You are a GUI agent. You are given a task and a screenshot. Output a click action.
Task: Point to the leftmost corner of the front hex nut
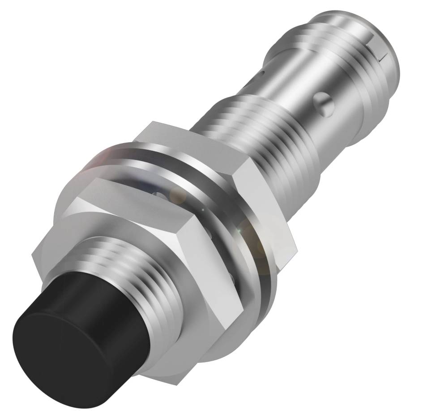click(34, 255)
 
